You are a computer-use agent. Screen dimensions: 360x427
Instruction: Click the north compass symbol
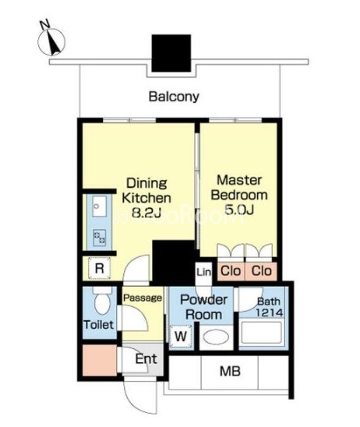[51, 41]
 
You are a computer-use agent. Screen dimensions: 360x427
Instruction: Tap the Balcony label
[174, 97]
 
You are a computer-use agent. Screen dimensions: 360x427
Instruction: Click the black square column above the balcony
[171, 53]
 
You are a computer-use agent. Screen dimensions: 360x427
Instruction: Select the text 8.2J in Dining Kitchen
[146, 213]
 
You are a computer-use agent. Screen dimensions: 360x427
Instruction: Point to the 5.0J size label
[239, 210]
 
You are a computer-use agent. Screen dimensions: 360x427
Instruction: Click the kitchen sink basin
[99, 206]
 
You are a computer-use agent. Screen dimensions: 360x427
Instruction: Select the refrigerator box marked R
[100, 268]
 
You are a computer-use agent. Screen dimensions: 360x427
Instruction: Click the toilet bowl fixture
[102, 302]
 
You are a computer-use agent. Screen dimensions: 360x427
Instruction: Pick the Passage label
[143, 298]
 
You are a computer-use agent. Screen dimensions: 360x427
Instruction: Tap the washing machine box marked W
[181, 337]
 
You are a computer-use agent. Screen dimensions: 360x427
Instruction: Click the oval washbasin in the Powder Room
[216, 337]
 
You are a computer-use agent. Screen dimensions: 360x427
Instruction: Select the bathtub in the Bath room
[261, 333]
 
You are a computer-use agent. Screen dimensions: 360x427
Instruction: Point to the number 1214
[270, 312]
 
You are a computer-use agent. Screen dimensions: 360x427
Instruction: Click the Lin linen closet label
[204, 272]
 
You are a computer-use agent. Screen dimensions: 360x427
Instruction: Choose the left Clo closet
[231, 271]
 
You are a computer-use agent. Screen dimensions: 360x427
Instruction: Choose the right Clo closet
[261, 271]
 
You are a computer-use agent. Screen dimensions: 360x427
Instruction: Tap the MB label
[230, 371]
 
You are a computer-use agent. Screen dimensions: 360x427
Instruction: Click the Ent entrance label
[146, 359]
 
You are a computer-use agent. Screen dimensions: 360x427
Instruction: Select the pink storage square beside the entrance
[100, 360]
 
